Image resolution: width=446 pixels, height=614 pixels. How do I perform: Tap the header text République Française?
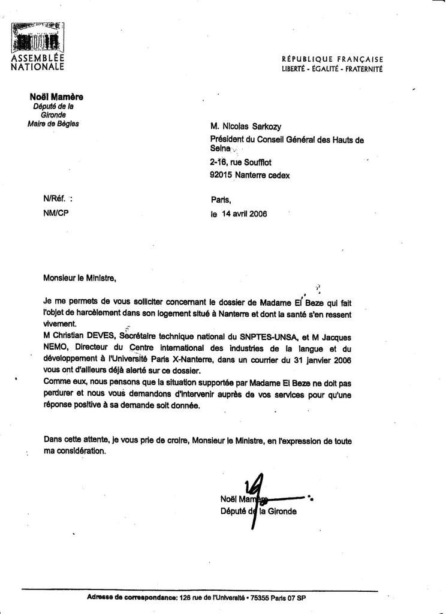pyautogui.click(x=332, y=59)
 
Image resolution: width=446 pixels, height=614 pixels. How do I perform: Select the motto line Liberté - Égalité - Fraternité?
pyautogui.click(x=332, y=69)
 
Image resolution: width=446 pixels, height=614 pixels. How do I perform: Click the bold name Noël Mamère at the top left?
pyautogui.click(x=56, y=97)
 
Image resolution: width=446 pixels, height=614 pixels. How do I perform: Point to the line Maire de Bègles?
pyautogui.click(x=53, y=124)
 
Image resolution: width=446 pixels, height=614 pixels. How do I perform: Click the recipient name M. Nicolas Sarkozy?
pyautogui.click(x=246, y=127)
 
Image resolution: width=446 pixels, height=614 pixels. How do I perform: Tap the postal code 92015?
pyautogui.click(x=221, y=176)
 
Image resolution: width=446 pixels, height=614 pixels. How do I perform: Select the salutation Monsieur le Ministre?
pyautogui.click(x=77, y=278)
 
